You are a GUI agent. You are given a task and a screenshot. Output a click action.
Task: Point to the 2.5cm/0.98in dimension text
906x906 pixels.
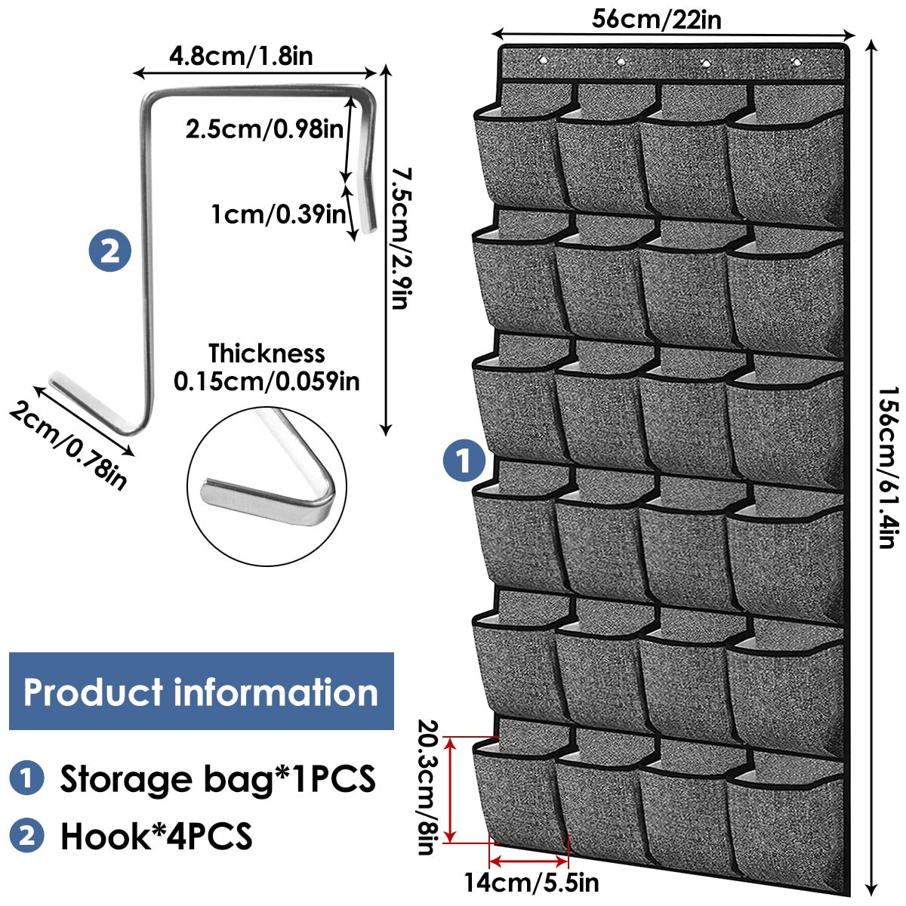coord(263,128)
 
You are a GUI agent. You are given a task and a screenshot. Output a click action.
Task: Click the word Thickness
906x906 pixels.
coord(267,353)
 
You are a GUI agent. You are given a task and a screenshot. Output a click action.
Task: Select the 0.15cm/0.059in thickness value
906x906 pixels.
coord(267,381)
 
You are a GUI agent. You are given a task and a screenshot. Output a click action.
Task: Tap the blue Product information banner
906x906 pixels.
coord(201,692)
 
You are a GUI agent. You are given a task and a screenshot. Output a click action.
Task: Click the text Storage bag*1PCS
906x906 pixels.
coord(217,778)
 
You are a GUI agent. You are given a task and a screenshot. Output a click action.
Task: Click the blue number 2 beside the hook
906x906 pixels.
coord(109,251)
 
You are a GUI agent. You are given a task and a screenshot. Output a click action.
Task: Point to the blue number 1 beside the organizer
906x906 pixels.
coord(464,460)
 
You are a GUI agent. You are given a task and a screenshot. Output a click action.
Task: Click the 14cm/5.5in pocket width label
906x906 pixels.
coord(532,881)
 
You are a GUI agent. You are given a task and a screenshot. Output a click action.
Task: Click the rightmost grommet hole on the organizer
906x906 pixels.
coord(794,60)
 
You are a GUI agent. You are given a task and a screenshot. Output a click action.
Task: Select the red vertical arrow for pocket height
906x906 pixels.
coord(451,789)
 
